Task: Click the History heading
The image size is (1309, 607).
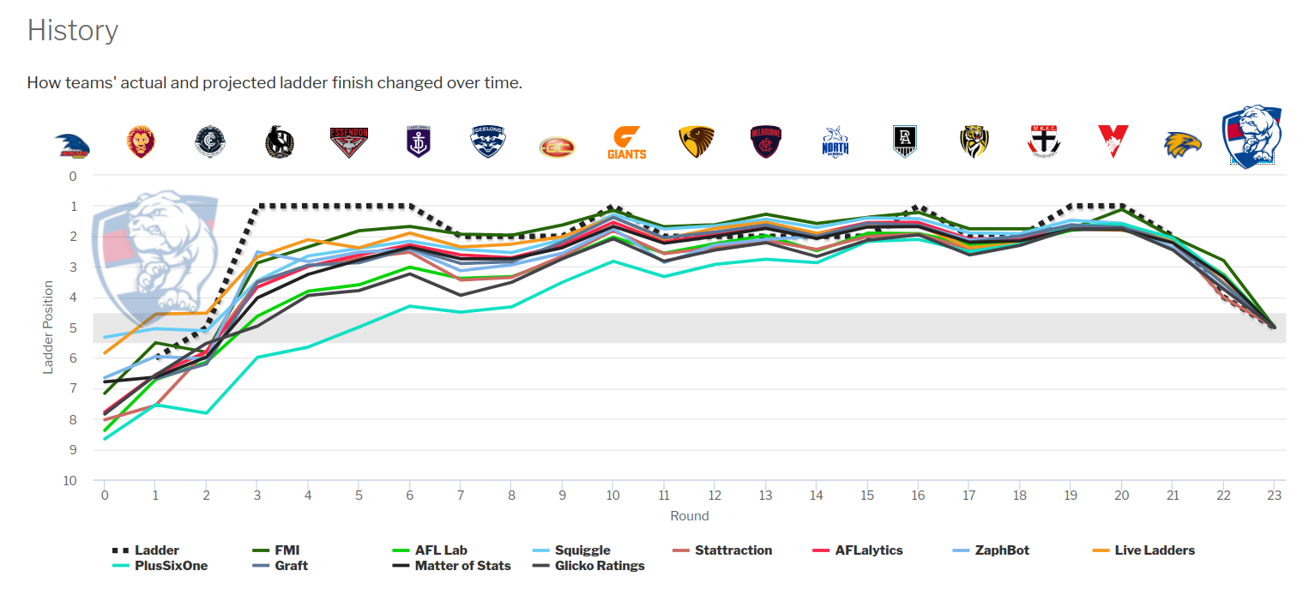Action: point(73,31)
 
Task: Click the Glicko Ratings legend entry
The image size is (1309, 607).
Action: point(599,566)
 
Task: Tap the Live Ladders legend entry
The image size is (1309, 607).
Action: point(1155,550)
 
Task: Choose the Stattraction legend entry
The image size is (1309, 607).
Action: point(733,550)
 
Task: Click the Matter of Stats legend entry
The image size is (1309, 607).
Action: point(462,566)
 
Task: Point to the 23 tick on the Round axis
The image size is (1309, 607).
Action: point(1273,496)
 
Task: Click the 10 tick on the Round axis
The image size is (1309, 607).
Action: point(612,496)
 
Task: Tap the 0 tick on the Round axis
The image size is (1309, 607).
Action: point(105,496)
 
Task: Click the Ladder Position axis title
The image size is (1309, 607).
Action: point(49,328)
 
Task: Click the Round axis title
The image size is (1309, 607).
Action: point(689,516)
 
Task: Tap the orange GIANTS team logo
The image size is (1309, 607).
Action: point(626,143)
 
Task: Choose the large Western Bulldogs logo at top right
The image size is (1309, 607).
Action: point(1252,137)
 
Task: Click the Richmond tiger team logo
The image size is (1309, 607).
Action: point(974,142)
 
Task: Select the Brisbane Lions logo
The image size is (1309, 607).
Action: point(142,142)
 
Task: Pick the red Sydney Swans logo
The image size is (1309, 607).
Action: point(1113,142)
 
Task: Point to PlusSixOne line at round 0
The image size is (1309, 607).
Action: point(105,439)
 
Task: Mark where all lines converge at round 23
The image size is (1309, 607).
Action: point(1273,327)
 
